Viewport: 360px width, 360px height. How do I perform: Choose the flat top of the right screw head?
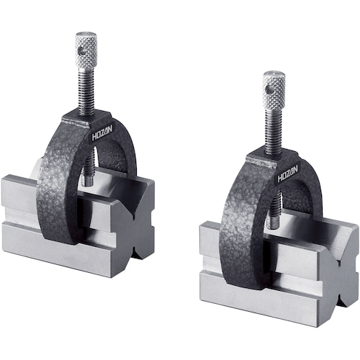pos(274,74)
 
